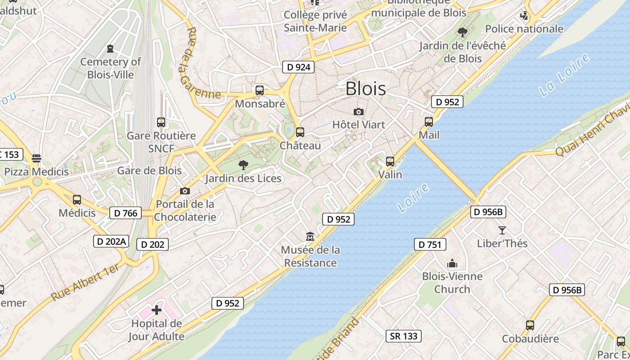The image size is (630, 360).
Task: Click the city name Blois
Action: [365, 89]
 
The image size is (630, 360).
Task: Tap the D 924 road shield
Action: [298, 67]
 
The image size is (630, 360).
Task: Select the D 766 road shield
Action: [126, 213]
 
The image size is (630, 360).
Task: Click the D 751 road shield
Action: [430, 244]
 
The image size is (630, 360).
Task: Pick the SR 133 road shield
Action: [404, 336]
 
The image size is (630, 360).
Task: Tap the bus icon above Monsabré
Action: [259, 90]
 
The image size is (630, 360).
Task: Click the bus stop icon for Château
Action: [300, 132]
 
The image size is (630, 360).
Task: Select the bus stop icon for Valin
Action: [390, 161]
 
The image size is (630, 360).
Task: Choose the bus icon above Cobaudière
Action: [530, 325]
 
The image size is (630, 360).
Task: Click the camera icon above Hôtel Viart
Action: [359, 112]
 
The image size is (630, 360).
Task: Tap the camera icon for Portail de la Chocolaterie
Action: [184, 191]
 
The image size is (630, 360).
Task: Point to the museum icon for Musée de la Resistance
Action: [310, 236]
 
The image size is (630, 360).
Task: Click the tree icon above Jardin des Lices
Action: [243, 165]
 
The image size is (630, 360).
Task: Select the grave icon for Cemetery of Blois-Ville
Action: [110, 48]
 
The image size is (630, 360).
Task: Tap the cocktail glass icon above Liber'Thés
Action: [502, 230]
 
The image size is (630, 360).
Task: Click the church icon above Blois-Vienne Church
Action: [452, 263]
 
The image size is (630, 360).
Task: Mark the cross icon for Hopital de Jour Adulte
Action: [156, 310]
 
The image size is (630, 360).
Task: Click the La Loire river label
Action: [564, 75]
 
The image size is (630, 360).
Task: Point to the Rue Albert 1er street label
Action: [85, 282]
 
